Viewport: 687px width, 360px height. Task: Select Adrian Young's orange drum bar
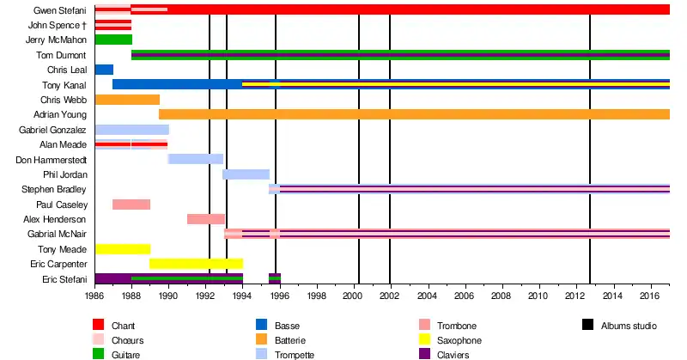pos(412,114)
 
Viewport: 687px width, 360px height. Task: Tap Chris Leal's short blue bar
pos(104,70)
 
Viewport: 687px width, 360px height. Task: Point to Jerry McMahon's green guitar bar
pos(113,40)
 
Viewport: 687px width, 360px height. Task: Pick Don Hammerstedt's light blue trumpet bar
pos(196,159)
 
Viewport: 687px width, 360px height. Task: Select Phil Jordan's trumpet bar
pos(246,174)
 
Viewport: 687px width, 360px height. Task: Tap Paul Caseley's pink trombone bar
pos(131,204)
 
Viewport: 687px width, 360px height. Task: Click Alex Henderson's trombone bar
pos(206,219)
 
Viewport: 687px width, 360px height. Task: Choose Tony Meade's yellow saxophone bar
pos(123,249)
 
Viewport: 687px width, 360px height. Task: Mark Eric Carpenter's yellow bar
pos(196,264)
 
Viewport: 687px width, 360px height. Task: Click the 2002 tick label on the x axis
pos(390,296)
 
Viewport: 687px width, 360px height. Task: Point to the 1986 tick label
pos(94,296)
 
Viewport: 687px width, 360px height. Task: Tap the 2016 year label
pos(649,296)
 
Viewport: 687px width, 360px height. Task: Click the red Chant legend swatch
pos(99,326)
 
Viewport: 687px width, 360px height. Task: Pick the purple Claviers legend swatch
pos(424,355)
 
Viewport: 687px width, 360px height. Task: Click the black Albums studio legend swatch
pos(587,326)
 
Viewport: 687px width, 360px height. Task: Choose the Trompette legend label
pos(295,355)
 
